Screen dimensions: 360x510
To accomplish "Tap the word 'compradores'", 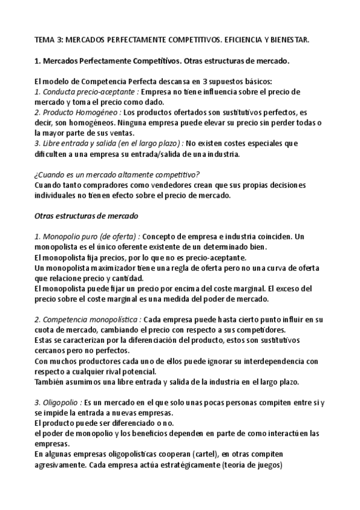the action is [x=97, y=185].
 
